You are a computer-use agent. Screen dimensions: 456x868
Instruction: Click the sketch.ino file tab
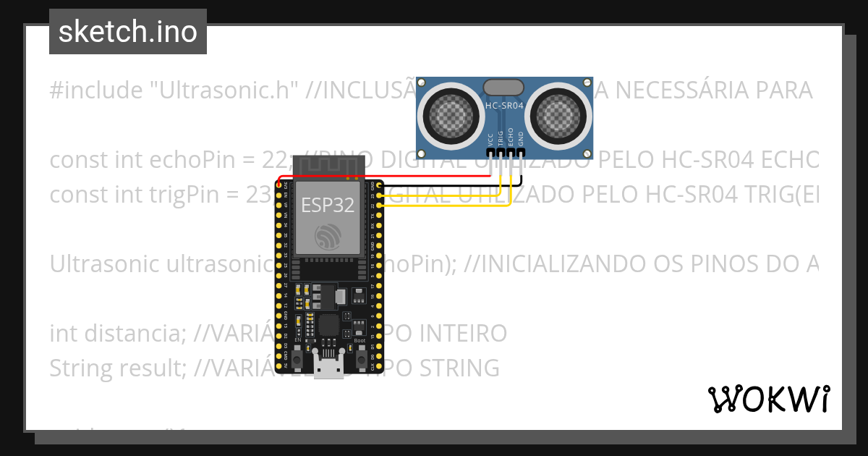pos(128,32)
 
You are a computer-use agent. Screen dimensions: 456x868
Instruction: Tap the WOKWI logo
pos(768,399)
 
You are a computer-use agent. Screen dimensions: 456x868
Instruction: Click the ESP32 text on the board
pos(328,205)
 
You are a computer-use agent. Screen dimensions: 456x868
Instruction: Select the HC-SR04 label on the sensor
pos(504,106)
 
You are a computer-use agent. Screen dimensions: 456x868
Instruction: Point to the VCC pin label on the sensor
pos(490,139)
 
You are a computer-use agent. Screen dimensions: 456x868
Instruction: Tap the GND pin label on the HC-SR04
pos(520,139)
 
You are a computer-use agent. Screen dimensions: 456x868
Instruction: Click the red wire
pos(391,176)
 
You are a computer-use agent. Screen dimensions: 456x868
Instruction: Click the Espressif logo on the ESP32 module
pos(328,236)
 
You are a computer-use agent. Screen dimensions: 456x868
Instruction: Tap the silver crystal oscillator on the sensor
pos(504,87)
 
